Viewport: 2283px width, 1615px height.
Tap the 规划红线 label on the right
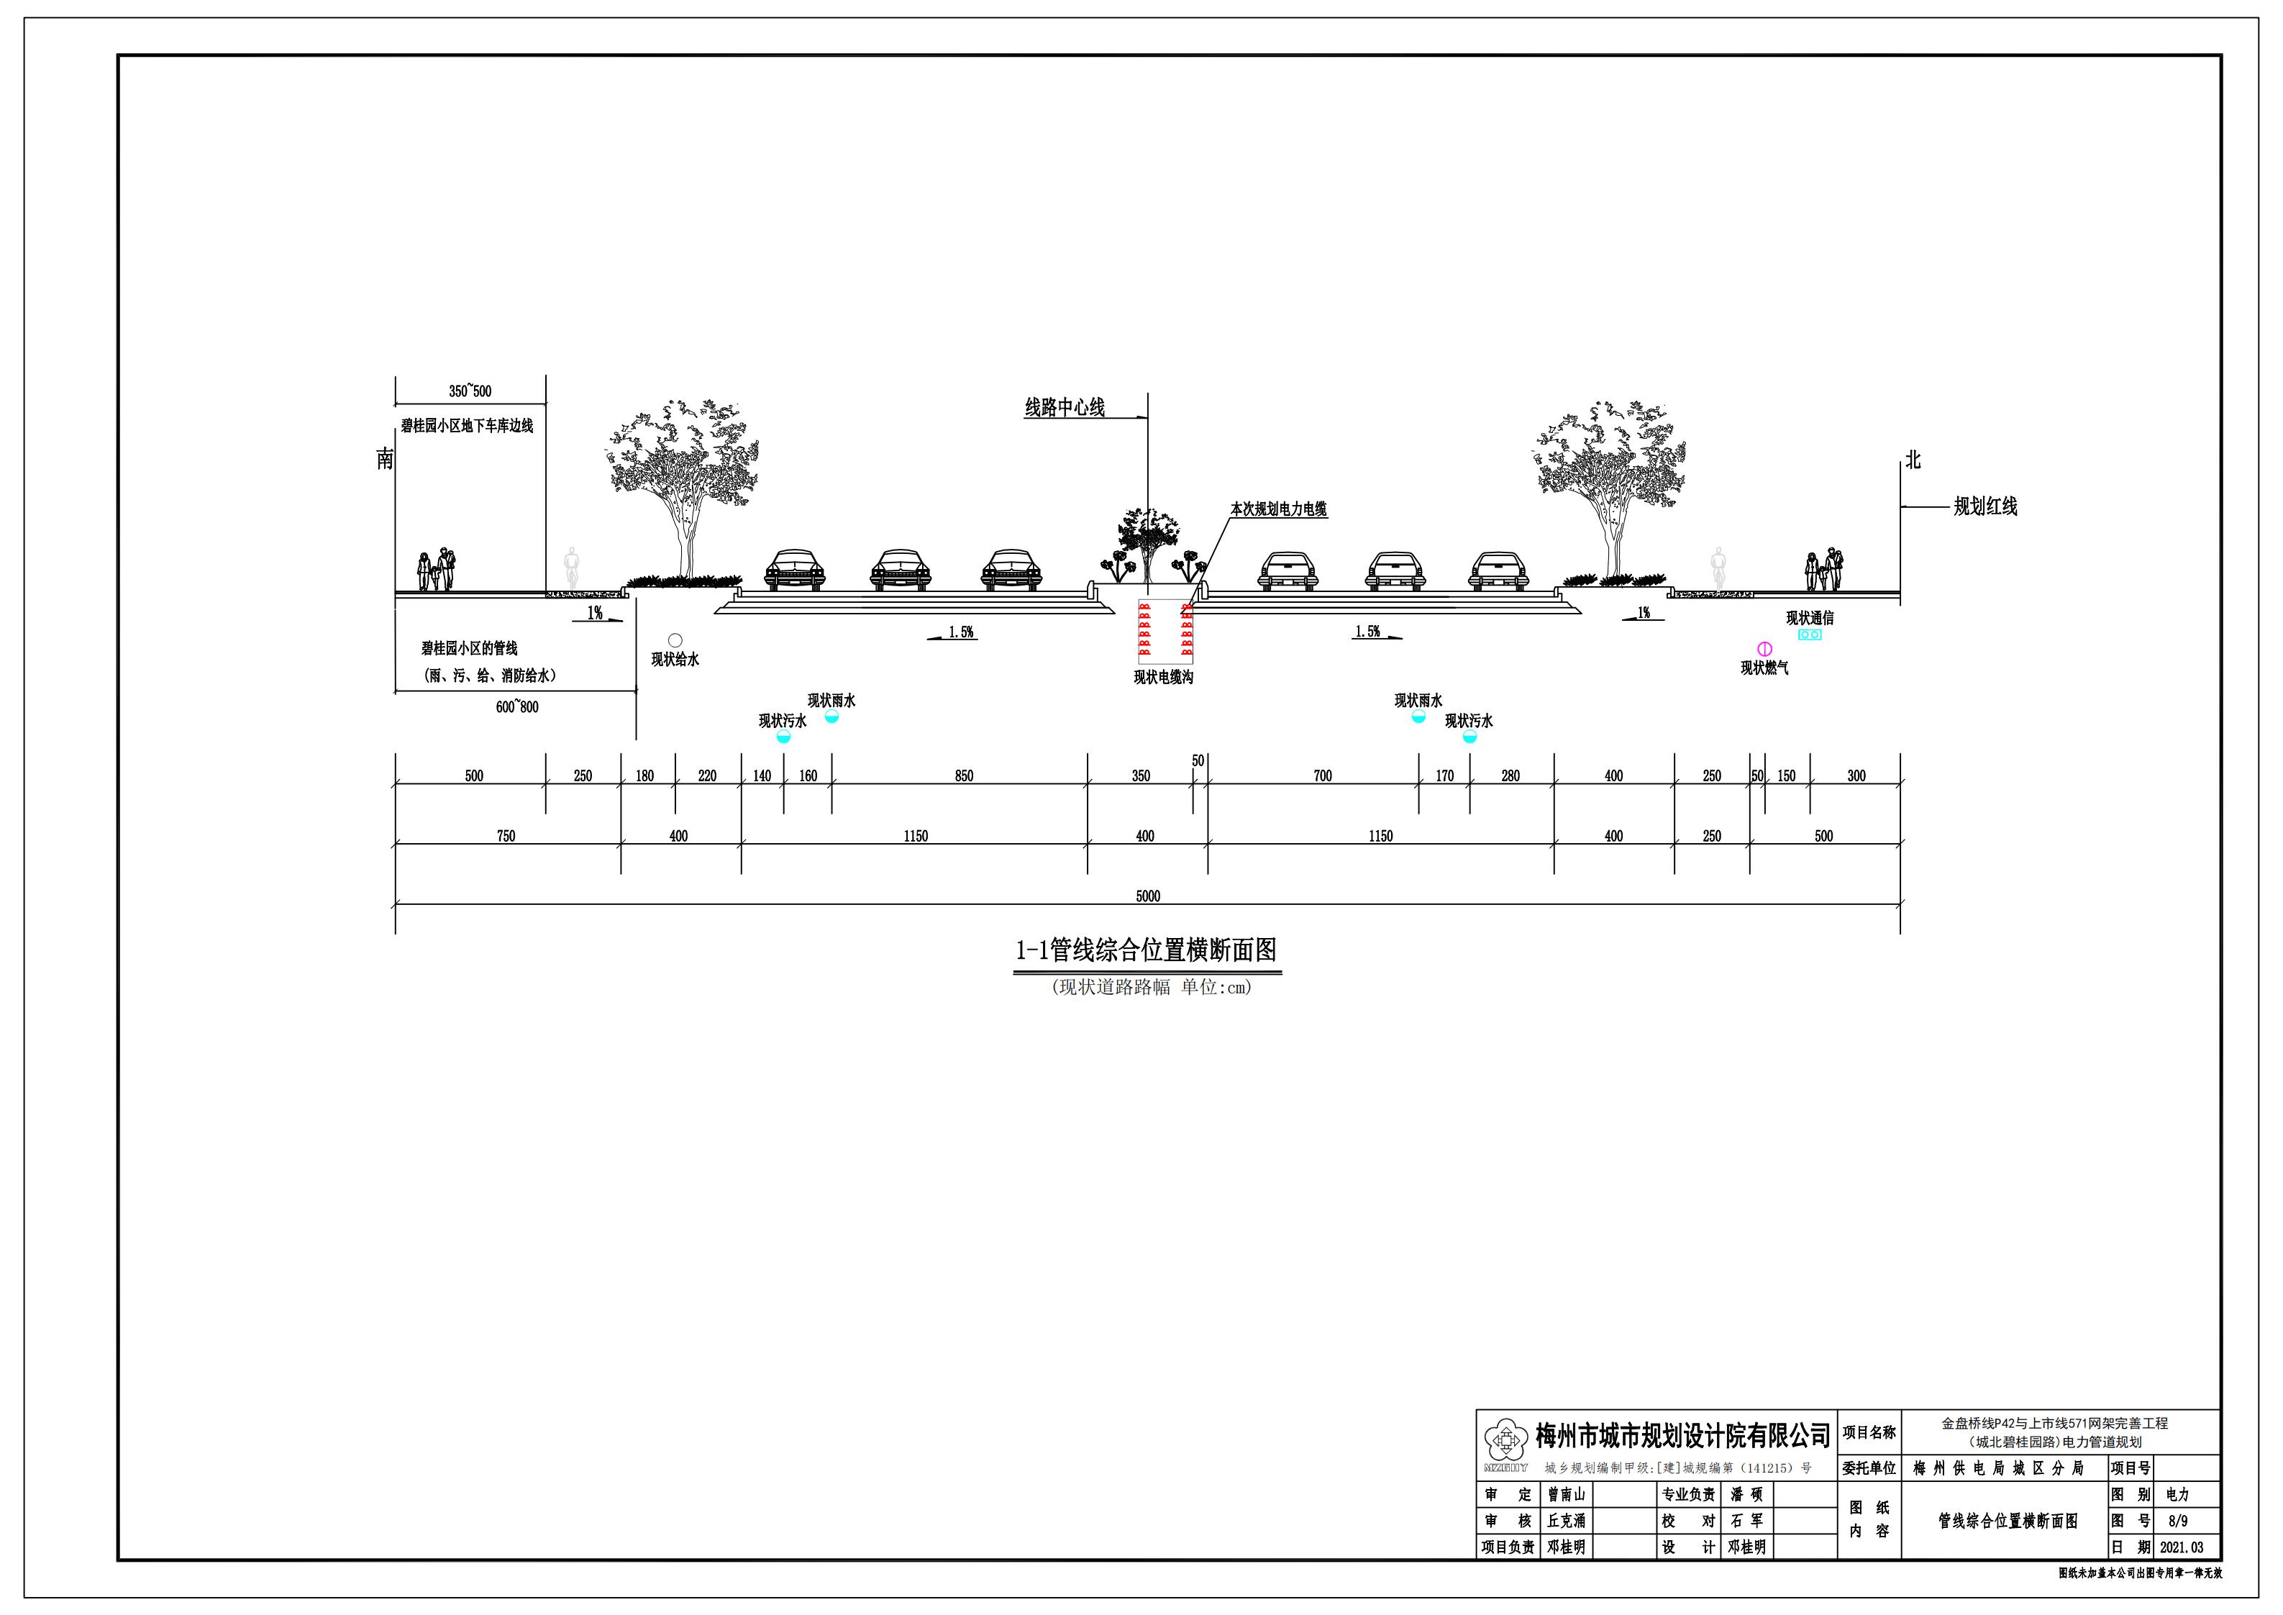[x=1984, y=506]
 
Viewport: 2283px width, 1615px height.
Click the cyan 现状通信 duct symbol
[x=1810, y=634]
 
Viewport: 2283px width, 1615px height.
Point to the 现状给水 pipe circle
[x=675, y=640]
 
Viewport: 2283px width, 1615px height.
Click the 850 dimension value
[x=964, y=775]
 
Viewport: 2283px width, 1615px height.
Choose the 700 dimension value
[x=1323, y=775]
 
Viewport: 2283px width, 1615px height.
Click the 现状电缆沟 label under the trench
[x=1163, y=677]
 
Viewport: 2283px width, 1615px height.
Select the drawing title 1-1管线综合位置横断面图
[x=1146, y=951]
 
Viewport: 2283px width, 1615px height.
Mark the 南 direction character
[x=385, y=458]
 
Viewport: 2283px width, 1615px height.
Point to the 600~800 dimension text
[x=517, y=707]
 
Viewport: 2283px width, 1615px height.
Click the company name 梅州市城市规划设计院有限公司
[x=1682, y=1436]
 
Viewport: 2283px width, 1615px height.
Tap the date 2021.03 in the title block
[x=2182, y=1547]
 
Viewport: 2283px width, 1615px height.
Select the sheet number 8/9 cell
[x=2177, y=1521]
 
